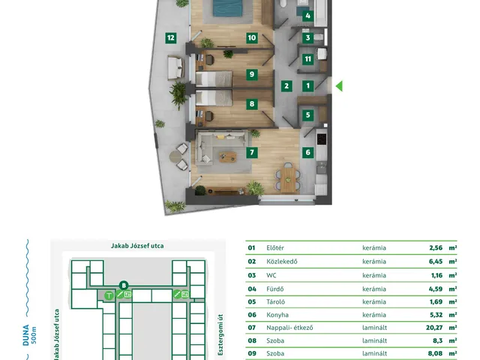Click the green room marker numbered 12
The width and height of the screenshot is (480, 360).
(x=171, y=37)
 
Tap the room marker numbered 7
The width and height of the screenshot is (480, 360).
(x=252, y=152)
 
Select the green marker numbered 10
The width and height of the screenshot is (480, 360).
(x=252, y=37)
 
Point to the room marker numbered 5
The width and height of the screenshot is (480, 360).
(x=308, y=115)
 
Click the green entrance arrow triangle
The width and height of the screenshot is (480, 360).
(x=339, y=86)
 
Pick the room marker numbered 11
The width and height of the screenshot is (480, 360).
(x=308, y=58)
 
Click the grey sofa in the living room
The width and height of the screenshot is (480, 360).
(x=221, y=147)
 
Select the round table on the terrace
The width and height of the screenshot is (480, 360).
(x=175, y=157)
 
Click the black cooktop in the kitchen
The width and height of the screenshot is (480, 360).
(x=322, y=139)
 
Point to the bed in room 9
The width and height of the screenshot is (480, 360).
(x=214, y=79)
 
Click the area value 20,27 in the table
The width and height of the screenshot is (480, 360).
(x=434, y=328)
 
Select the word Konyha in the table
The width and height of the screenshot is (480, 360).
(x=277, y=315)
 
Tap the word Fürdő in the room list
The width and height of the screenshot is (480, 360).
(x=275, y=289)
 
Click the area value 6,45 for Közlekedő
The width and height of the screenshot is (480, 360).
(x=436, y=262)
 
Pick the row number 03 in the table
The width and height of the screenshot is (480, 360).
(x=252, y=275)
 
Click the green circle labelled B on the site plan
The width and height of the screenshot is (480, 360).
(x=124, y=286)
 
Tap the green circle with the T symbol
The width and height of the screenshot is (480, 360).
(x=109, y=295)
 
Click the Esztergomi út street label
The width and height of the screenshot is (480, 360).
(x=220, y=334)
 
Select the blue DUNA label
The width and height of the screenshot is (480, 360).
(x=26, y=335)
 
